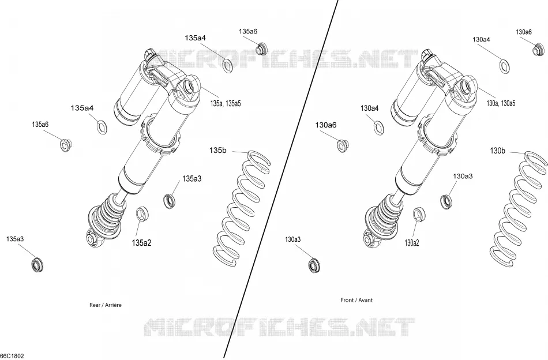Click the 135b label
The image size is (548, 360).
tap(217, 151)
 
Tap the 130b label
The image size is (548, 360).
tap(497, 151)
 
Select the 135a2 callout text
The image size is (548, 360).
tap(141, 242)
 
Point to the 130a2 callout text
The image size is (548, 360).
tap(412, 242)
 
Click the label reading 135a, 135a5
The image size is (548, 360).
tap(226, 103)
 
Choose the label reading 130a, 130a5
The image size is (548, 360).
tap(501, 103)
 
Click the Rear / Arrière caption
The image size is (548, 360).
tap(106, 305)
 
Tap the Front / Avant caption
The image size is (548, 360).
tap(356, 300)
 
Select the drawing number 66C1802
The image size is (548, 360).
tap(12, 356)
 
